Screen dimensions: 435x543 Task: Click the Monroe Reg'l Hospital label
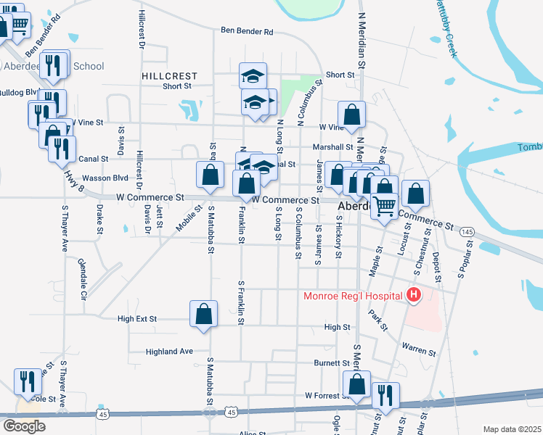click(x=353, y=296)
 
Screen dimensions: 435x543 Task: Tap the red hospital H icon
click(x=413, y=295)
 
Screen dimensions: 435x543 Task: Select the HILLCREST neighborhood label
click(x=169, y=75)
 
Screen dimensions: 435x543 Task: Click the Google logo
click(x=24, y=426)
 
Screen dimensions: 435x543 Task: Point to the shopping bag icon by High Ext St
click(x=204, y=315)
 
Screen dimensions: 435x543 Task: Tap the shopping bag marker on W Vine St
click(x=351, y=115)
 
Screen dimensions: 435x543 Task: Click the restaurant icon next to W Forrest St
click(x=385, y=396)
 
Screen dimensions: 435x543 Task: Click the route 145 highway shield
click(x=468, y=231)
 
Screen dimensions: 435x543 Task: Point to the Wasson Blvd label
click(x=105, y=178)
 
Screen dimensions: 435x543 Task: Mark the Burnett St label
click(x=332, y=362)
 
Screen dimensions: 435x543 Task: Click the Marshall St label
click(x=332, y=146)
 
